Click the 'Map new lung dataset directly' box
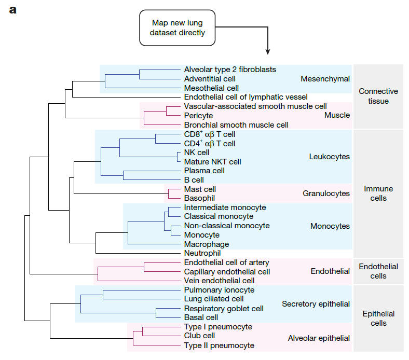click(x=178, y=28)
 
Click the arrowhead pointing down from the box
click(x=268, y=52)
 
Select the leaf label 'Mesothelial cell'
click(x=211, y=88)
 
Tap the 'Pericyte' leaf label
click(x=198, y=116)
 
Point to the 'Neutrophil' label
click(x=202, y=253)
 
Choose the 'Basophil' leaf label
click(x=199, y=198)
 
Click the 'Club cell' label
click(x=199, y=336)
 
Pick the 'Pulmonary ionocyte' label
click(x=220, y=290)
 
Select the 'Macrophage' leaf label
click(x=207, y=244)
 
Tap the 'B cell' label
click(x=194, y=180)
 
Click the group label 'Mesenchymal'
click(x=325, y=79)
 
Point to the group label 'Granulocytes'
click(x=326, y=193)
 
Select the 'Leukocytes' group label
click(x=330, y=157)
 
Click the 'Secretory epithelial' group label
click(x=316, y=304)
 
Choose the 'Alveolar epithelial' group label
click(x=319, y=338)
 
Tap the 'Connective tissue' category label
click(x=378, y=96)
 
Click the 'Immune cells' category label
click(x=378, y=193)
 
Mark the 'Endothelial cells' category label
click(x=378, y=271)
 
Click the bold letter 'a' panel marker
click(x=13, y=10)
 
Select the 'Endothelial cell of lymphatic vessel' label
click(x=246, y=97)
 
